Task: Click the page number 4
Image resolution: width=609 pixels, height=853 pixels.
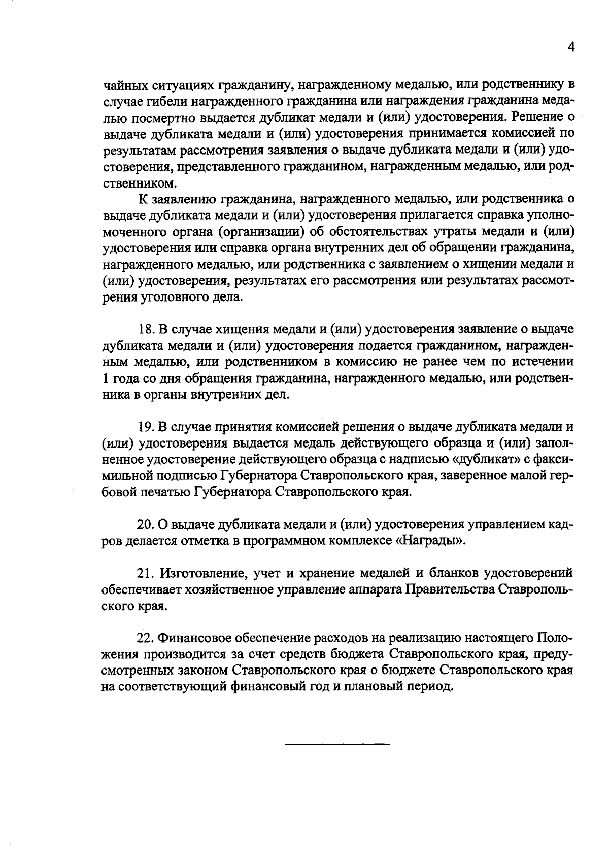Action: click(x=571, y=47)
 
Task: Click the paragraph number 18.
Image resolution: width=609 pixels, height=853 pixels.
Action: click(x=146, y=329)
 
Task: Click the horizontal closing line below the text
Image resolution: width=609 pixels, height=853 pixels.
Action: click(x=337, y=744)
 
